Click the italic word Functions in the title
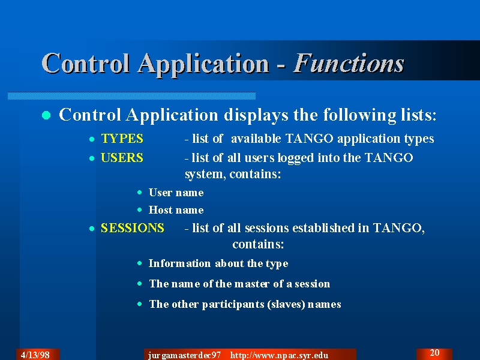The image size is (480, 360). pyautogui.click(x=349, y=64)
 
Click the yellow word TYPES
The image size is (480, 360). pyautogui.click(x=122, y=139)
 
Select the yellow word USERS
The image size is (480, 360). pyautogui.click(x=122, y=158)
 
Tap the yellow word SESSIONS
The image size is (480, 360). pyautogui.click(x=132, y=228)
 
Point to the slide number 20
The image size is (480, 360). pyautogui.click(x=434, y=353)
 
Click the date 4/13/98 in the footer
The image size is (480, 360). pyautogui.click(x=35, y=355)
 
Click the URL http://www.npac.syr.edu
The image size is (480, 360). pyautogui.click(x=279, y=355)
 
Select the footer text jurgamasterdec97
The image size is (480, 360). pyautogui.click(x=184, y=355)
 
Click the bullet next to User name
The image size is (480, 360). pyautogui.click(x=140, y=192)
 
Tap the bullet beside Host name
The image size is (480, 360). pyautogui.click(x=140, y=209)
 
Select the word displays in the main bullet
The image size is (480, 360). pyautogui.click(x=256, y=115)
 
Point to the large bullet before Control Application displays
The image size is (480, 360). pyautogui.click(x=46, y=115)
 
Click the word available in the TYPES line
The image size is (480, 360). pyautogui.click(x=256, y=139)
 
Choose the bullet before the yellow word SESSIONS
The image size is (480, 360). pyautogui.click(x=92, y=229)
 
